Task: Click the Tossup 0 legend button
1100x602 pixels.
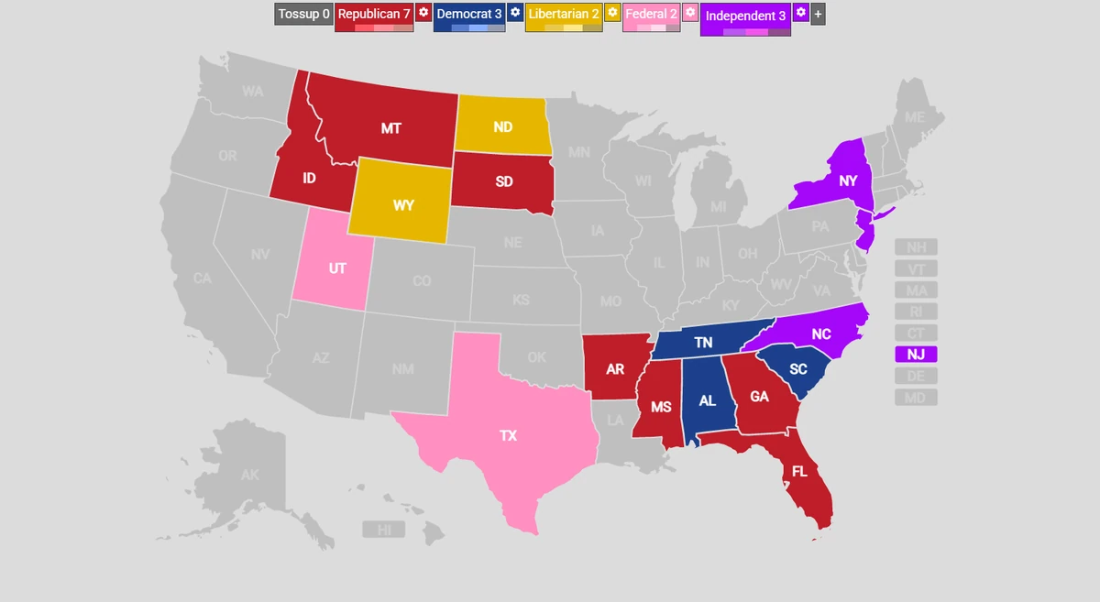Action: click(302, 14)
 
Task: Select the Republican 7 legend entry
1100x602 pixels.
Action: click(373, 14)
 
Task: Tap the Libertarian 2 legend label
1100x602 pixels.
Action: click(564, 14)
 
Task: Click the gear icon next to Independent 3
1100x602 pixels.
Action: click(800, 13)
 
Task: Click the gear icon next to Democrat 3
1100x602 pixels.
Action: click(515, 13)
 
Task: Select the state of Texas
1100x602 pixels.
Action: click(509, 435)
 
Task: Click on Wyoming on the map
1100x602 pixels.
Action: click(403, 204)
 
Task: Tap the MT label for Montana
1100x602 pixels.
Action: click(391, 128)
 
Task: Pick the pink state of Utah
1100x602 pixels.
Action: click(336, 268)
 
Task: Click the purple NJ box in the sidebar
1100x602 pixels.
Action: click(916, 355)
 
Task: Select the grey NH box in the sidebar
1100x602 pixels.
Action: click(916, 247)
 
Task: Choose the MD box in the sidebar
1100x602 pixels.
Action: click(916, 398)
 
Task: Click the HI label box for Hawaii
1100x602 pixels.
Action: click(384, 530)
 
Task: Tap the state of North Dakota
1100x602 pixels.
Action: click(502, 126)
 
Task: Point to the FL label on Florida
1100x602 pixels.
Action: click(799, 472)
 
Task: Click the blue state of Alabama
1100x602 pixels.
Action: click(707, 400)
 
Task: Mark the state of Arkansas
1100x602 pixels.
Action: click(615, 368)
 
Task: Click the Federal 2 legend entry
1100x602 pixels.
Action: click(651, 14)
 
